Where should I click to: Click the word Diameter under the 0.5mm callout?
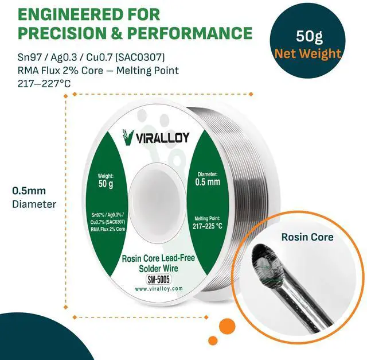coord(34,204)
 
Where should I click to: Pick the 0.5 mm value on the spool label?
coord(207,182)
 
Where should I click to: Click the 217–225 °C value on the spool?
coord(207,225)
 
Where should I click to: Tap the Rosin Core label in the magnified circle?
coord(307,237)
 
